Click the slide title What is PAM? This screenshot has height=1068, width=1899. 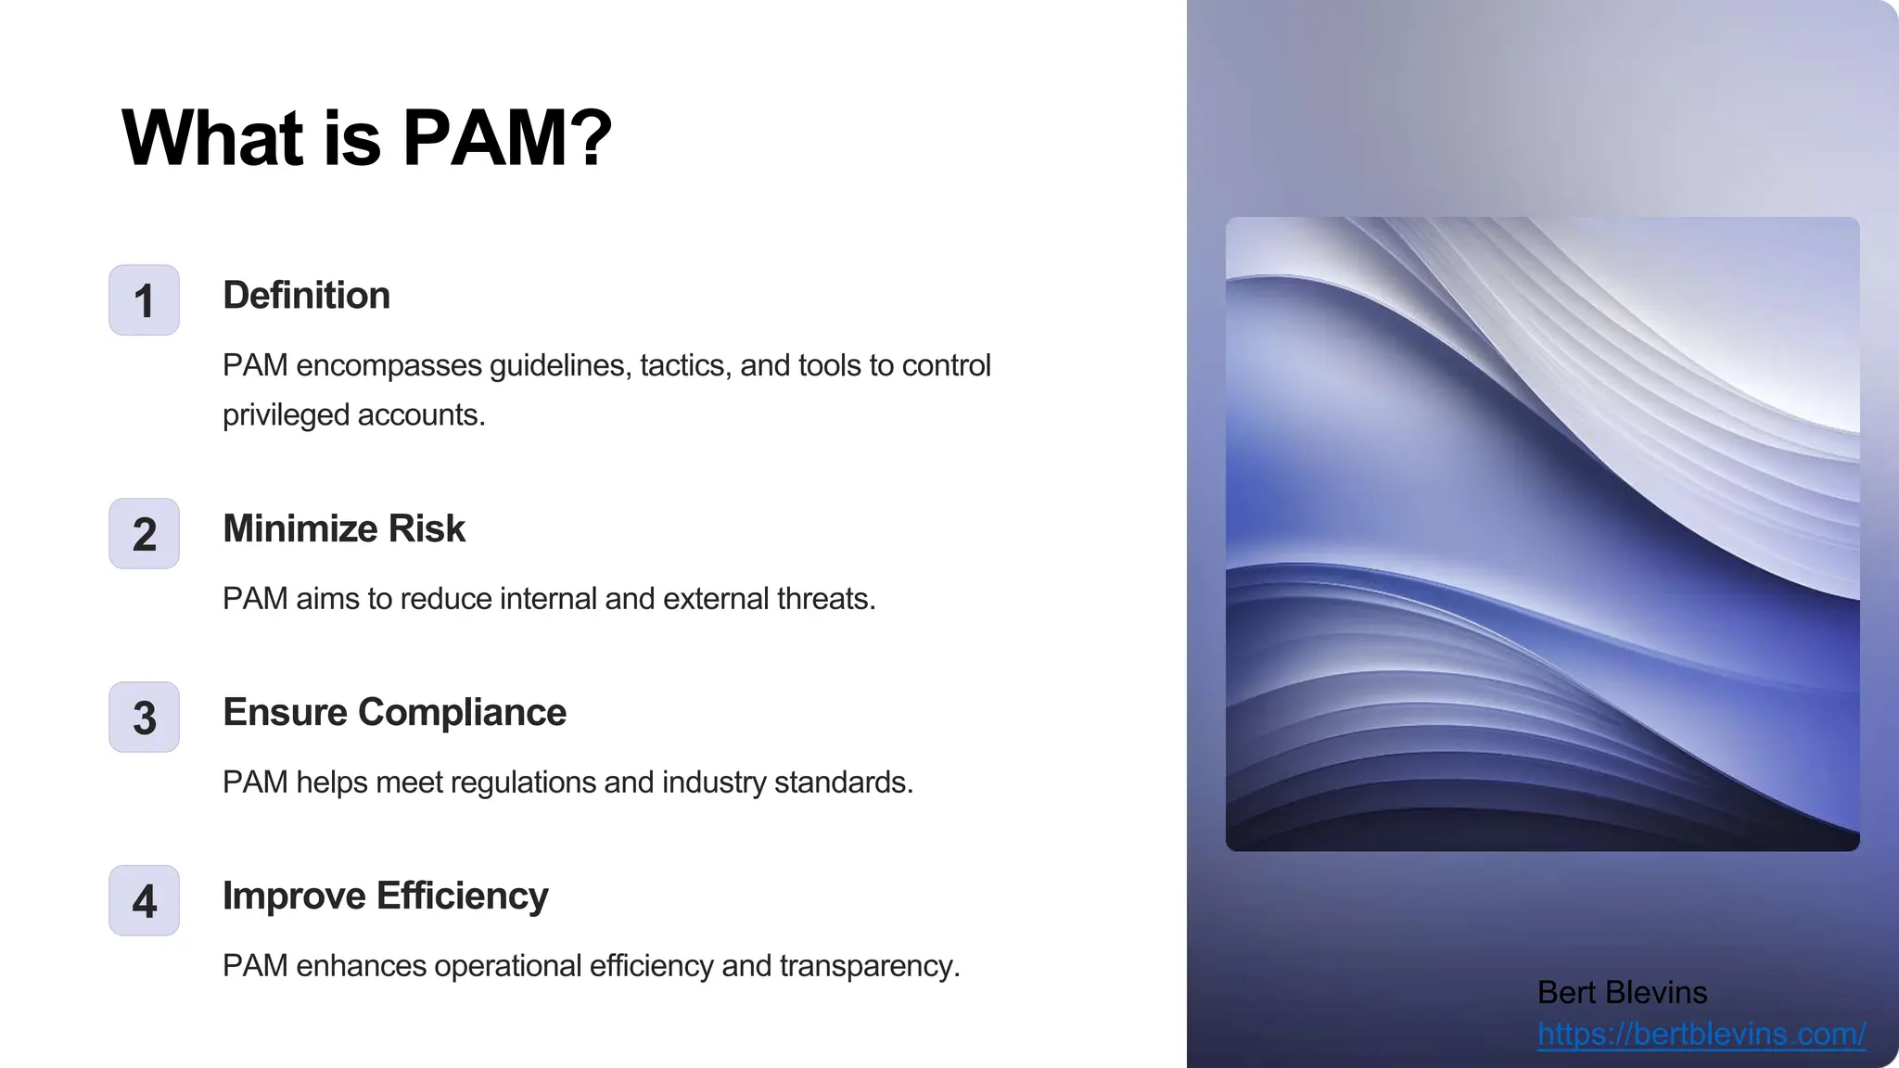click(366, 138)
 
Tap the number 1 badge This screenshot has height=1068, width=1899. click(144, 300)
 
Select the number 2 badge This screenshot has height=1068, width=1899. click(144, 534)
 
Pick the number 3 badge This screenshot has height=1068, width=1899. click(144, 718)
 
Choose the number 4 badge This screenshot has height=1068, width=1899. click(144, 901)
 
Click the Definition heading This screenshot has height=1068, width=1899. click(306, 296)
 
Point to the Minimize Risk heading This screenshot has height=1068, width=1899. click(344, 529)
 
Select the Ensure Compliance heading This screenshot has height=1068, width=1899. click(394, 713)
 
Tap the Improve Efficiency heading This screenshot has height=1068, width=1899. click(385, 896)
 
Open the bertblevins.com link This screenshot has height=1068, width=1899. click(1701, 1034)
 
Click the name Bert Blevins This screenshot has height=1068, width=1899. click(1622, 993)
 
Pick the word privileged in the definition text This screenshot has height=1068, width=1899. click(286, 415)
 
